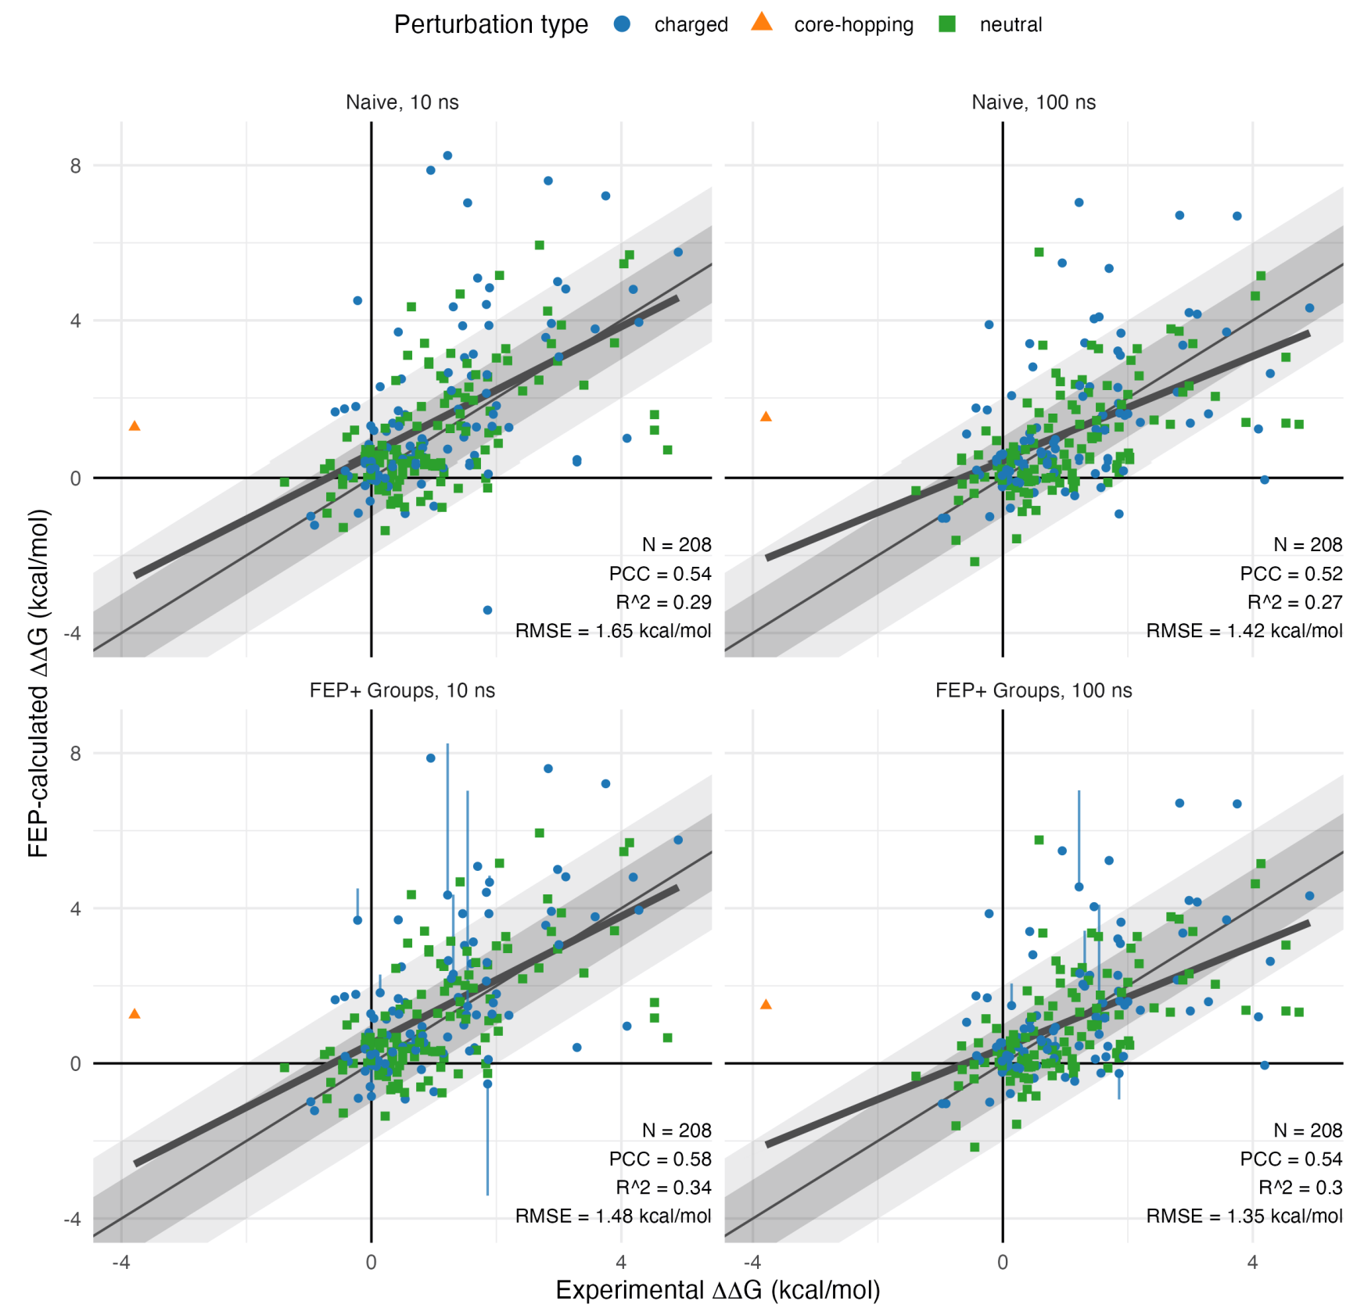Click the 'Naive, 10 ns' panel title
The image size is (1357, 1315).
pyautogui.click(x=402, y=102)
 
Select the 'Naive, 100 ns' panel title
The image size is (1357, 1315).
pyautogui.click(x=1033, y=102)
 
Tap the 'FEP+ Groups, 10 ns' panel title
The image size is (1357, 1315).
pyautogui.click(x=402, y=690)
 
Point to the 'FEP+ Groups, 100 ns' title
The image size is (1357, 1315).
pyautogui.click(x=1033, y=690)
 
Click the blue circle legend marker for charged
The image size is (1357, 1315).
pyautogui.click(x=623, y=24)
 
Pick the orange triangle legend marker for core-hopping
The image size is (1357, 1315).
pyautogui.click(x=762, y=23)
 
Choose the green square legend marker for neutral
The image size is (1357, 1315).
pyautogui.click(x=947, y=24)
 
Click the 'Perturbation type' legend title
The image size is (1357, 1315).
pyautogui.click(x=490, y=25)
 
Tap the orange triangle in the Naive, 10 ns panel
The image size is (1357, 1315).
pyautogui.click(x=135, y=426)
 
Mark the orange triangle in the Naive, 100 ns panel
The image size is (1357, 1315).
pyautogui.click(x=766, y=417)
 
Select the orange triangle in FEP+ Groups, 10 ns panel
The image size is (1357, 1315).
pyautogui.click(x=135, y=1014)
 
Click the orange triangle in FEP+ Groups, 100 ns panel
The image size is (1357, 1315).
pyautogui.click(x=766, y=1005)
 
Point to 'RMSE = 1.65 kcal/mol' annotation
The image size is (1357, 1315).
pyautogui.click(x=613, y=631)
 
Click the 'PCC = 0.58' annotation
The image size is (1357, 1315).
pyautogui.click(x=660, y=1159)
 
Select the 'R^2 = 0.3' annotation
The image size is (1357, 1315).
pyautogui.click(x=1300, y=1188)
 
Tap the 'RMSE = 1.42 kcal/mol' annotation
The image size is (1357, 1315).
pyautogui.click(x=1244, y=631)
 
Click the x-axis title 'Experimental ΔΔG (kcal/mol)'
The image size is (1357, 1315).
pyautogui.click(x=718, y=1290)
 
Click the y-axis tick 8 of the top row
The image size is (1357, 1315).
pyautogui.click(x=75, y=166)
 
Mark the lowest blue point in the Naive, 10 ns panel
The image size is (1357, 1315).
pyautogui.click(x=487, y=610)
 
